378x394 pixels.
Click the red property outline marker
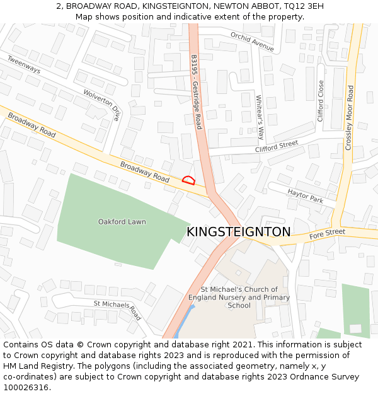[x=188, y=180]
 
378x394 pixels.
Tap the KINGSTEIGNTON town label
[x=239, y=232]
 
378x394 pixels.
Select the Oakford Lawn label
[x=122, y=222]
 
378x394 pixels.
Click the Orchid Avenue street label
[x=252, y=42]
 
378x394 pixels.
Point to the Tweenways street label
[x=24, y=64]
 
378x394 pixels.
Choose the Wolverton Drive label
[x=101, y=105]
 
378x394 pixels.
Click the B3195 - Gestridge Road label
[x=196, y=92]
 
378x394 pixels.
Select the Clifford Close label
[x=321, y=101]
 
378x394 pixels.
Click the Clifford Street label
[x=276, y=147]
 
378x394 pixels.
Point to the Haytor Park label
[x=306, y=195]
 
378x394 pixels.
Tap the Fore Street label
[x=327, y=235]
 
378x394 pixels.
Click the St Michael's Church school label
[x=239, y=298]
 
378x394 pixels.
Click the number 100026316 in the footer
[x=26, y=387]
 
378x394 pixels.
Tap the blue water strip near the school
[x=182, y=323]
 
